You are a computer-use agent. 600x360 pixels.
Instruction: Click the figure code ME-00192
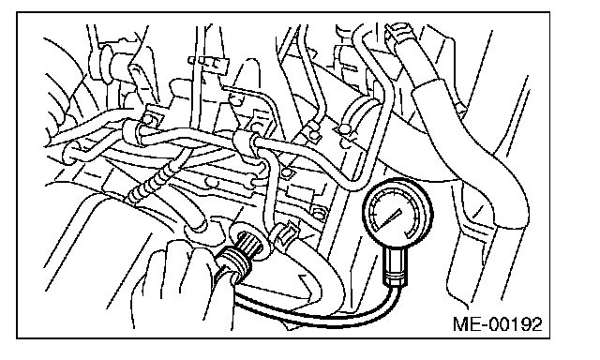point(498,324)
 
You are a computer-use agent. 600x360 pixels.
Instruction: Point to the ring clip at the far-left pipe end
point(70,152)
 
